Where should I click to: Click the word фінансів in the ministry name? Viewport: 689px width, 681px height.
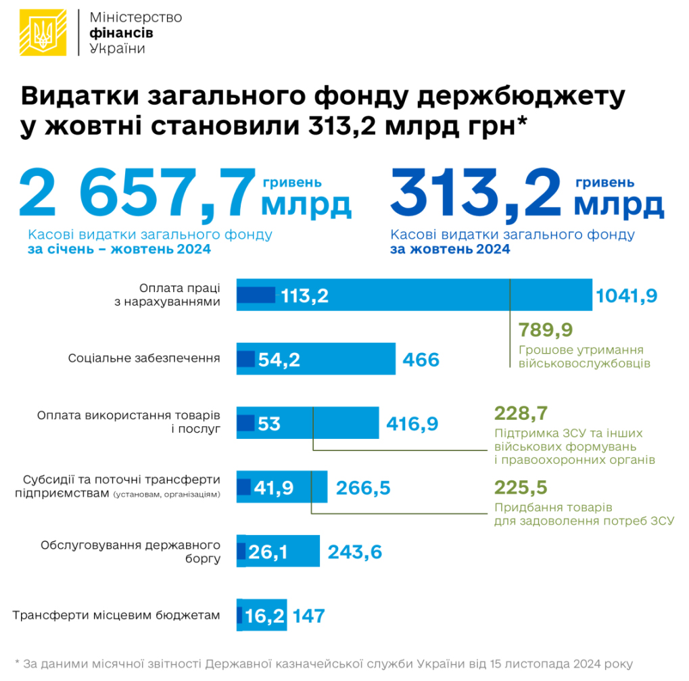coord(121,33)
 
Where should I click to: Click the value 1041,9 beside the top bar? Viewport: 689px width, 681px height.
coord(627,296)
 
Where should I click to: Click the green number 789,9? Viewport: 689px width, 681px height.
coord(546,329)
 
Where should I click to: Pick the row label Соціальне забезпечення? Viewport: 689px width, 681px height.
coord(144,358)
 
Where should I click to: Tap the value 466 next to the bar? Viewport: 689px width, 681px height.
coord(421,359)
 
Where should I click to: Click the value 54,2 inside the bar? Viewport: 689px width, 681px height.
coord(279,359)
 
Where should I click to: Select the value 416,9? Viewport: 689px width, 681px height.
coord(412,424)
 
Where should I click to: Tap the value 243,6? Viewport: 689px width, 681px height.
coord(355,552)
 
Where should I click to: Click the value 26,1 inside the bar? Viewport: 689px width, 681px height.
coord(268,552)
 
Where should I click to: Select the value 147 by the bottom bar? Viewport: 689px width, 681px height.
coord(308,616)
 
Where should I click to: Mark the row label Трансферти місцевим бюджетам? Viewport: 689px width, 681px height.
coord(116,615)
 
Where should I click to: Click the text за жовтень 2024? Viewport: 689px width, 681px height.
coord(449,250)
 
